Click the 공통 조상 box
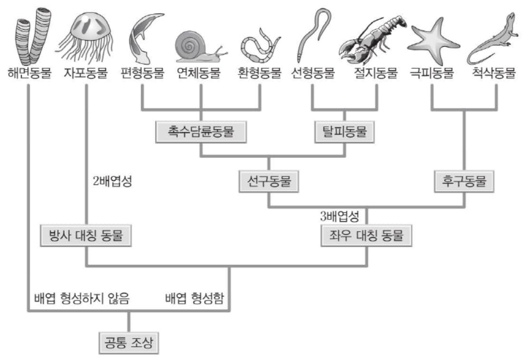click(128, 343)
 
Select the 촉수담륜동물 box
click(201, 132)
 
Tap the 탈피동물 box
click(344, 132)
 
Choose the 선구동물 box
click(269, 181)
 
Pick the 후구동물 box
click(464, 181)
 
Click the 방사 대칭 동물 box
click(85, 236)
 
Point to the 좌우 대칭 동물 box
click(366, 236)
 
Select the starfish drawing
click(434, 41)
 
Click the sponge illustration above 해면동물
click(33, 36)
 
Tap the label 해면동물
click(30, 72)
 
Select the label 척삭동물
click(494, 72)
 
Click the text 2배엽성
click(113, 181)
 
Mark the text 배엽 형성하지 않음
click(82, 298)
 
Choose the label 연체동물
click(199, 72)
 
